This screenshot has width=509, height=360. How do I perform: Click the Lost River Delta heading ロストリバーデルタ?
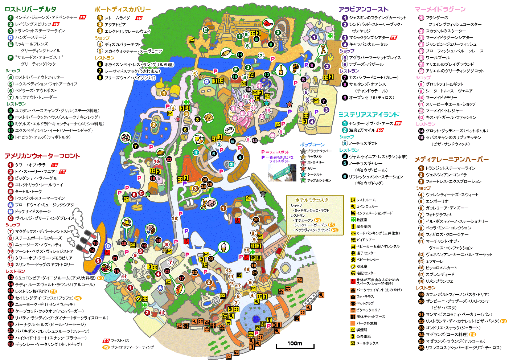click(x=30, y=9)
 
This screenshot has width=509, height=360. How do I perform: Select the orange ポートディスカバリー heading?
click(x=122, y=9)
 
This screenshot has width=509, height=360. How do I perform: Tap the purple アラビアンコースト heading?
click(x=363, y=9)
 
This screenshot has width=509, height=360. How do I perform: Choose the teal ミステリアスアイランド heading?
click(x=369, y=115)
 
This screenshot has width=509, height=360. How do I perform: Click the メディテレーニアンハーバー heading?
click(x=452, y=159)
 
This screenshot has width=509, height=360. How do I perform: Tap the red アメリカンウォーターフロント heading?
click(x=42, y=156)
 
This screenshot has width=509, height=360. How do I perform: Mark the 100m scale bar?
click(x=295, y=345)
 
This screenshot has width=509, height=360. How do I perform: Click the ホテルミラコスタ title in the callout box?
click(x=312, y=200)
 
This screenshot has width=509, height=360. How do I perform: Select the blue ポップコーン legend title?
click(x=312, y=144)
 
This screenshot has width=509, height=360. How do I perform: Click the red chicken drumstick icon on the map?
click(x=268, y=24)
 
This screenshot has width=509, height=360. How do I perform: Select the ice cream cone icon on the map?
click(x=224, y=247)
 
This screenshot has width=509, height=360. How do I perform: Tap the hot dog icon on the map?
click(x=178, y=289)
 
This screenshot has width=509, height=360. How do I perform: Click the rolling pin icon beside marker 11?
click(x=226, y=54)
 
